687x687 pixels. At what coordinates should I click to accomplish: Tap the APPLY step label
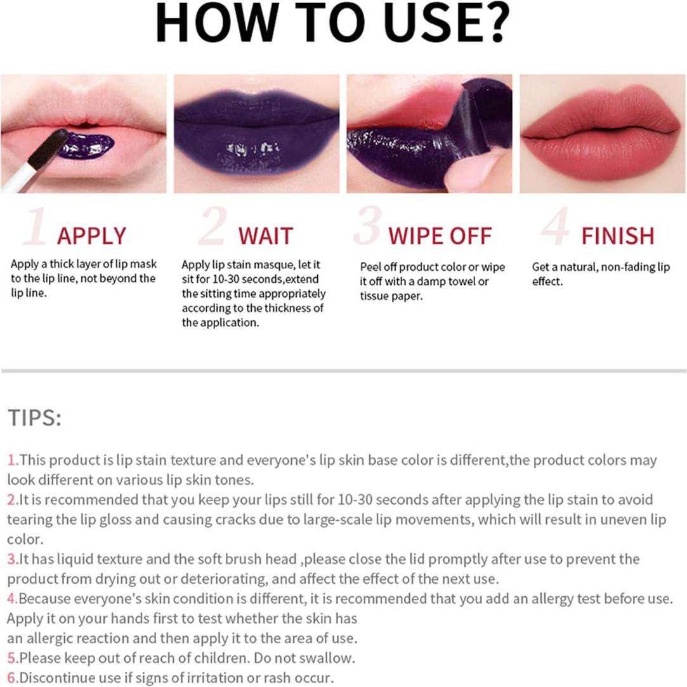[x=91, y=236]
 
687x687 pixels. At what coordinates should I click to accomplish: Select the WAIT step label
[x=265, y=236]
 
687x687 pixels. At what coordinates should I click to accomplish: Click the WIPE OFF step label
[x=440, y=236]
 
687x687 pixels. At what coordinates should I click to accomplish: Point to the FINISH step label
[x=617, y=236]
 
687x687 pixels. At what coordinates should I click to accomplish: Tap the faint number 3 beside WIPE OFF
[x=368, y=226]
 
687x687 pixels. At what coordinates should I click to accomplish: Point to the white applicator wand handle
[x=19, y=178]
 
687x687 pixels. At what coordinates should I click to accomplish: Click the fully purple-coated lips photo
[x=256, y=133]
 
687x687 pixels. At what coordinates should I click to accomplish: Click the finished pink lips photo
[x=599, y=133]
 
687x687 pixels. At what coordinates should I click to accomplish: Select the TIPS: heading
[x=35, y=418]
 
